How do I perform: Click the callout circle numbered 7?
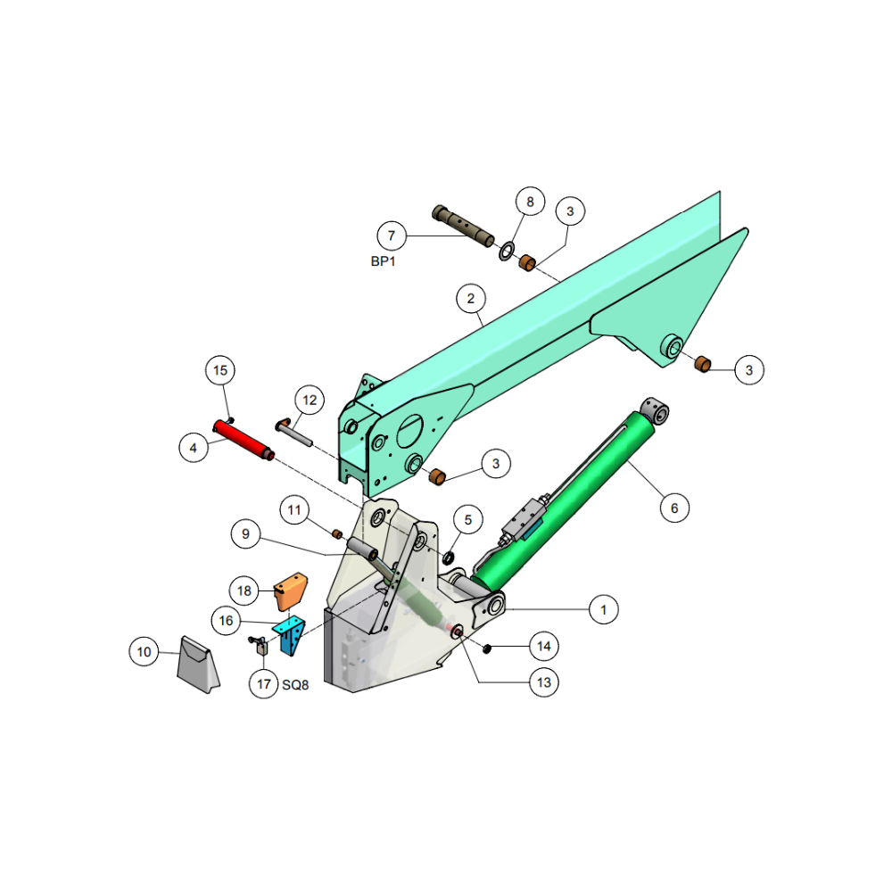[x=392, y=235]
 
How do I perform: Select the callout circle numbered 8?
[x=530, y=202]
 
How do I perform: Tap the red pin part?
[x=244, y=441]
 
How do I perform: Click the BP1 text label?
[x=383, y=261]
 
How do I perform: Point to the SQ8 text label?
[x=295, y=685]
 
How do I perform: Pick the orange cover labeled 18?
[x=291, y=591]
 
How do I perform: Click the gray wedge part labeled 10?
[x=198, y=665]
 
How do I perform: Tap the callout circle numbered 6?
[x=674, y=508]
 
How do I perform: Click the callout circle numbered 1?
[x=604, y=610]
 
